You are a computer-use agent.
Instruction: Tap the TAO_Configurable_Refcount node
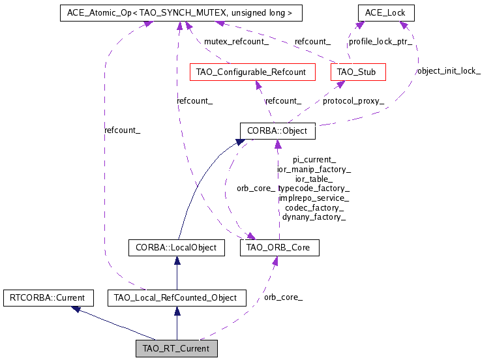pyautogui.click(x=251, y=72)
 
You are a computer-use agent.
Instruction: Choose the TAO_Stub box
pyautogui.click(x=358, y=72)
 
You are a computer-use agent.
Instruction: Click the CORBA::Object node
pyautogui.click(x=277, y=131)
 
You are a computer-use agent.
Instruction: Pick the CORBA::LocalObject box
pyautogui.click(x=176, y=248)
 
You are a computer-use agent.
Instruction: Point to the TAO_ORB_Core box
pyautogui.click(x=280, y=248)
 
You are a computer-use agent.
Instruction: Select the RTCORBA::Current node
pyautogui.click(x=44, y=298)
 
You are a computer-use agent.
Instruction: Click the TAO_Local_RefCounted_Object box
pyautogui.click(x=176, y=298)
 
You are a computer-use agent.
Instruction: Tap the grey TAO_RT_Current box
pyautogui.click(x=176, y=349)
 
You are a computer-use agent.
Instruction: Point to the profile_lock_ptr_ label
pyautogui.click(x=380, y=41)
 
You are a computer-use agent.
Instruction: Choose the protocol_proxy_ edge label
pyautogui.click(x=353, y=101)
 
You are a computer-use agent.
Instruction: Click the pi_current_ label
pyautogui.click(x=314, y=159)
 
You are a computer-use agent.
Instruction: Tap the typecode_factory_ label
pyautogui.click(x=314, y=188)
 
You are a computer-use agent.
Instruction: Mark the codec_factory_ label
pyautogui.click(x=314, y=207)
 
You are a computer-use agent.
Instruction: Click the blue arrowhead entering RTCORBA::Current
pyautogui.click(x=76, y=309)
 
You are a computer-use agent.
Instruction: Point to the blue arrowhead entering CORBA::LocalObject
pyautogui.click(x=176, y=260)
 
